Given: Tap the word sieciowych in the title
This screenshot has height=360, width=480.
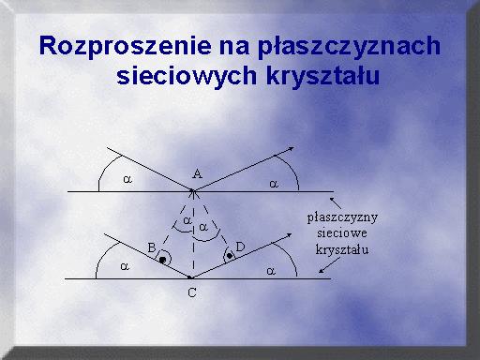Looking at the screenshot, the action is pyautogui.click(x=187, y=75).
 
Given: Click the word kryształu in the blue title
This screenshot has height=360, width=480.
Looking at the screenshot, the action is pyautogui.click(x=323, y=75).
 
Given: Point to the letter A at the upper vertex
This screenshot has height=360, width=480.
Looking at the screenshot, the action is pyautogui.click(x=197, y=173).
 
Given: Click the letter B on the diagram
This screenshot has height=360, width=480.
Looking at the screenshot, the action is pyautogui.click(x=152, y=247).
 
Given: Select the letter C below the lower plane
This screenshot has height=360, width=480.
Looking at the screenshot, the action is pyautogui.click(x=192, y=292).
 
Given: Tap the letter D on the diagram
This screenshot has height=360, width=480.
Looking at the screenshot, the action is pyautogui.click(x=240, y=247).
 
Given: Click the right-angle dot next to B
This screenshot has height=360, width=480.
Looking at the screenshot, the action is pyautogui.click(x=162, y=260).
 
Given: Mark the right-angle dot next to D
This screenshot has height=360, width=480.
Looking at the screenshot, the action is pyautogui.click(x=230, y=256).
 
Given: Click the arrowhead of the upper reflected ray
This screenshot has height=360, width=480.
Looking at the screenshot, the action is pyautogui.click(x=291, y=148).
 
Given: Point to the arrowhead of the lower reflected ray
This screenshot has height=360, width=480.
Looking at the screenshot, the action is pyautogui.click(x=288, y=235).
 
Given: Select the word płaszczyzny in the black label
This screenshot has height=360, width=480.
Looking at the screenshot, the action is pyautogui.click(x=342, y=217).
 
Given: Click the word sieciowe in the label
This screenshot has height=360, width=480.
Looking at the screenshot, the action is pyautogui.click(x=342, y=233).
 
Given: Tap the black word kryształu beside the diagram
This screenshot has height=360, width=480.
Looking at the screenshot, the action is pyautogui.click(x=342, y=249).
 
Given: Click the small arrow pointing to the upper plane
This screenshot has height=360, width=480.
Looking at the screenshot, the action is pyautogui.click(x=336, y=203).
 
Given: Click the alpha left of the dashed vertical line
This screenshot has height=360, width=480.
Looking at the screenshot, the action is pyautogui.click(x=187, y=220).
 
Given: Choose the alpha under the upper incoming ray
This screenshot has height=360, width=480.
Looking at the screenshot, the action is pyautogui.click(x=127, y=179).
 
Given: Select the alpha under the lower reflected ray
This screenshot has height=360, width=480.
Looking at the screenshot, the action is pyautogui.click(x=271, y=271).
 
